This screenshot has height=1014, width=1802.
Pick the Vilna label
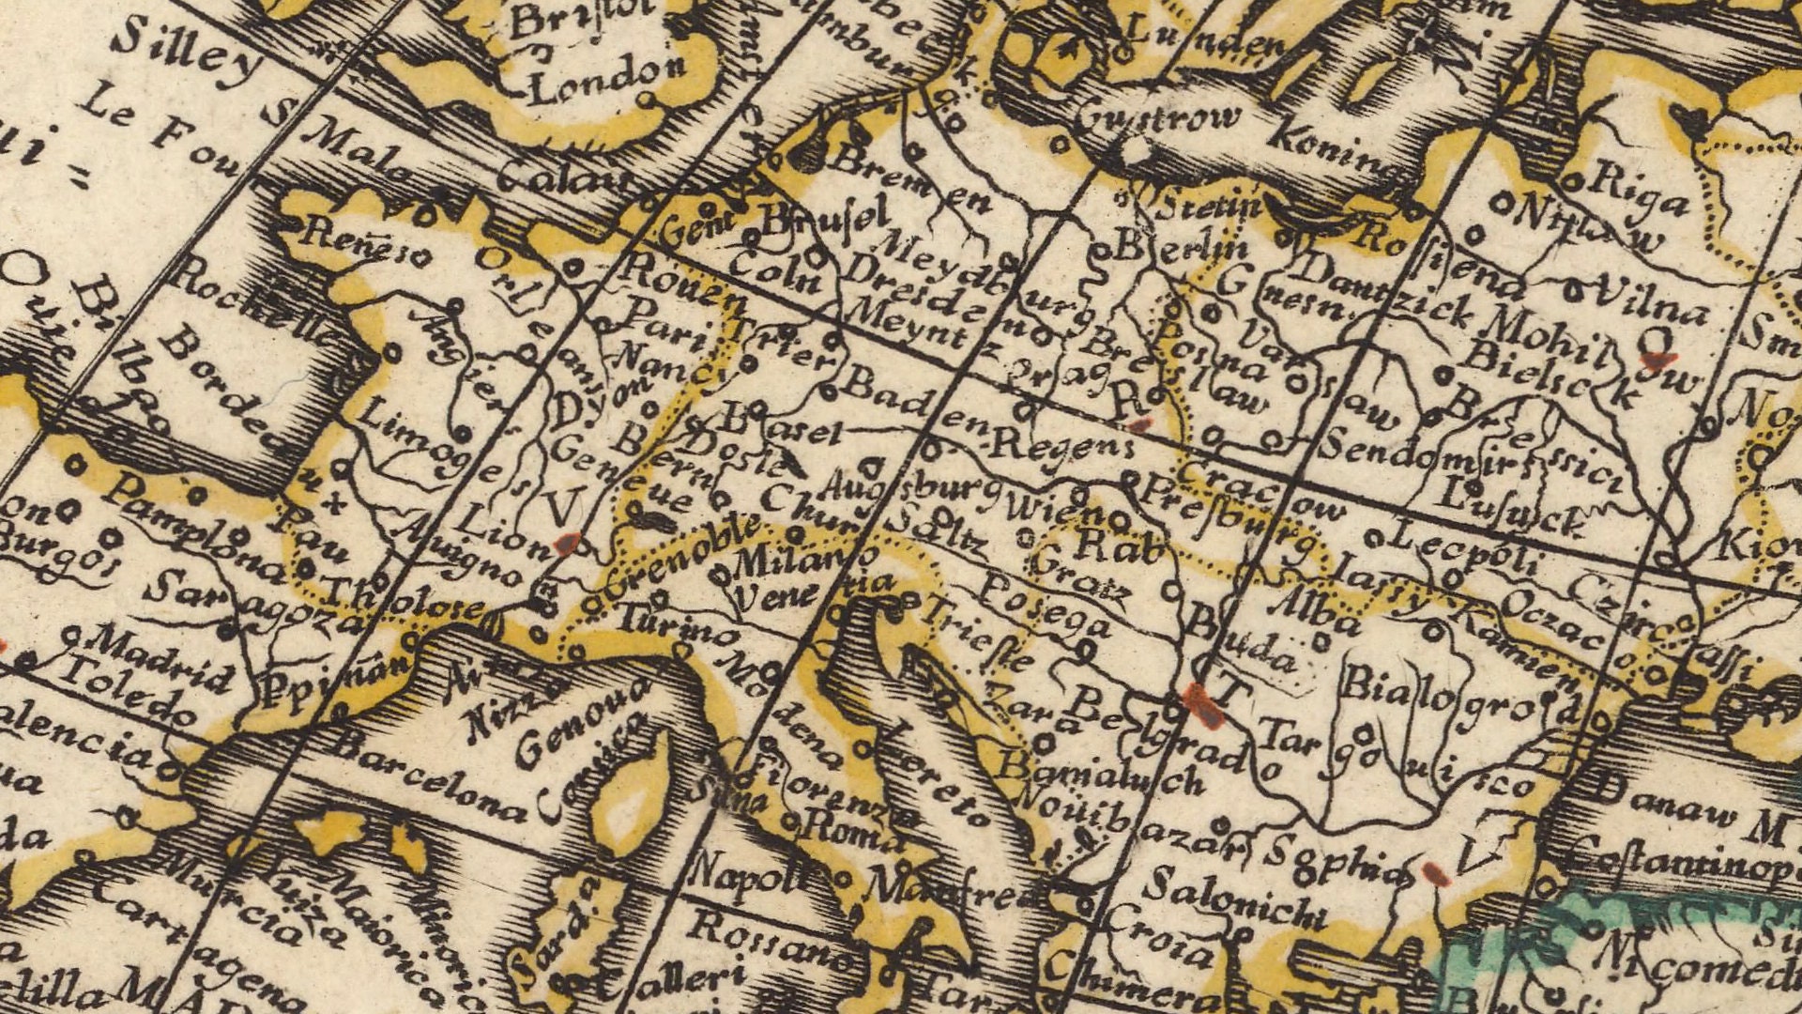[1651, 300]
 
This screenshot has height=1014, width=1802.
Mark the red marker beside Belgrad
[1202, 703]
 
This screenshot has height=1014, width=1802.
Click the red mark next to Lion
[566, 544]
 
